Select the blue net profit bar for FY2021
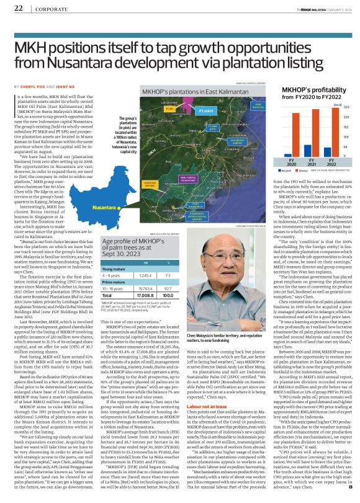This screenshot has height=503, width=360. (307, 150)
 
